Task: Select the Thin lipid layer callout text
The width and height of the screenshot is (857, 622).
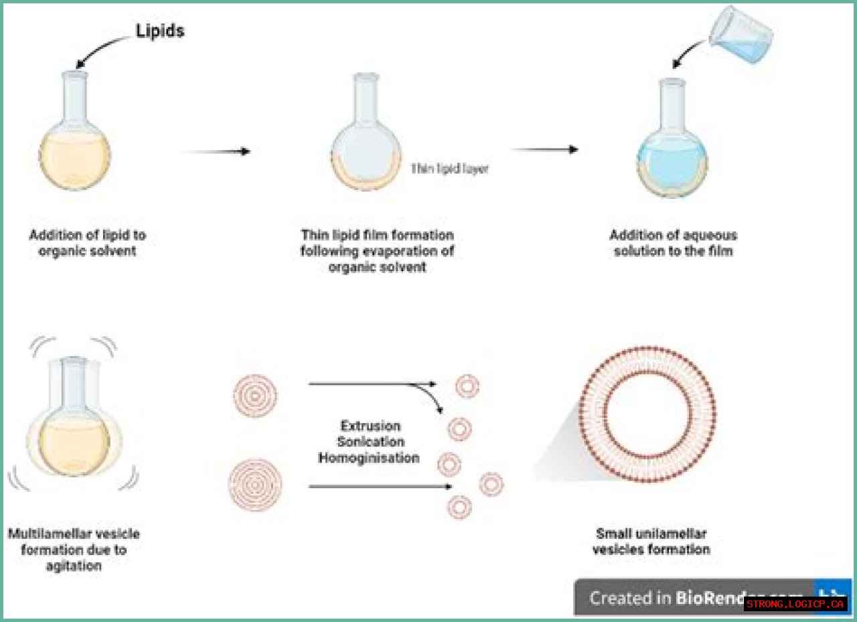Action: (449, 169)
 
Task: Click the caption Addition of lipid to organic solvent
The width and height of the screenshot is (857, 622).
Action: (87, 243)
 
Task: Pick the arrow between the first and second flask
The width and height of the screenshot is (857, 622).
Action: (216, 151)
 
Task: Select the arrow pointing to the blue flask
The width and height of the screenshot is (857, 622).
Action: (544, 149)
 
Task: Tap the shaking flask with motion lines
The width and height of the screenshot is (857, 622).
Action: (74, 422)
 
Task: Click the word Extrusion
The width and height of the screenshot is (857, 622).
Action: (370, 426)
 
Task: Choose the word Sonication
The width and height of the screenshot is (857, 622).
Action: (370, 442)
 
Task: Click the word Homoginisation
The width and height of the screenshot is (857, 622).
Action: (369, 458)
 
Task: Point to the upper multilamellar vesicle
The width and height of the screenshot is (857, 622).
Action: (254, 395)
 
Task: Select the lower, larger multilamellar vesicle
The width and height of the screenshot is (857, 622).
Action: (254, 485)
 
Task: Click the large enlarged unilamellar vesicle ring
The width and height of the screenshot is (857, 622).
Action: (647, 413)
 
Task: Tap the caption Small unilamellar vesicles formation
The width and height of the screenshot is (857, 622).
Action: (652, 542)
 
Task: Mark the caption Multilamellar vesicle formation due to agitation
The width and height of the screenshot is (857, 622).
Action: (74, 550)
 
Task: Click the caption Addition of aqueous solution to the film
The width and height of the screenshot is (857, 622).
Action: (672, 243)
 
